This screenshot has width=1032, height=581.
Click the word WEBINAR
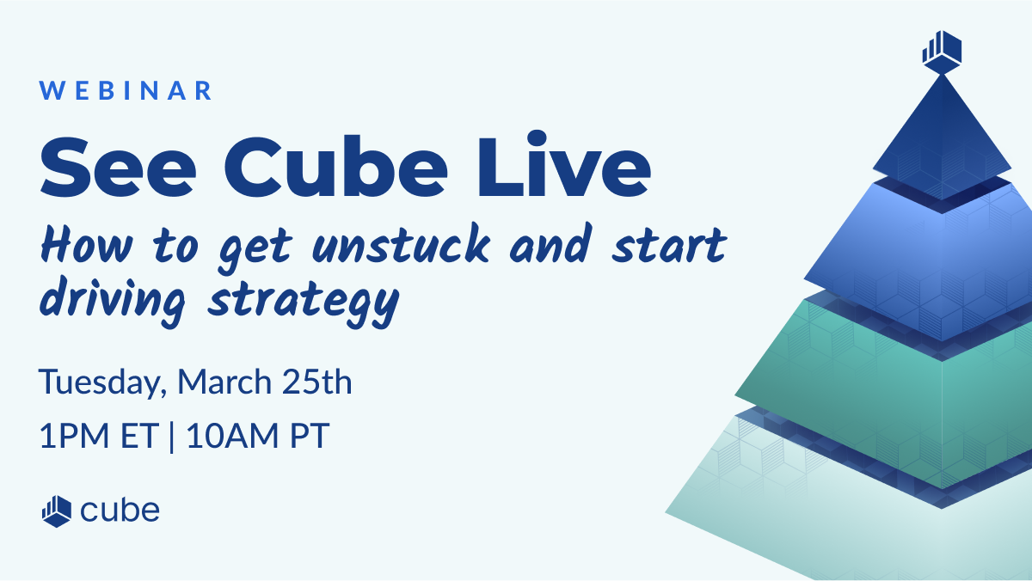pos(126,90)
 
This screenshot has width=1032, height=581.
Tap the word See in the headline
pos(118,168)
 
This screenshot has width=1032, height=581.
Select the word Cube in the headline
pos(335,166)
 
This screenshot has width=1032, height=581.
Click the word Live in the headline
pos(564,163)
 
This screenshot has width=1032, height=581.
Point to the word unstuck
pos(401,244)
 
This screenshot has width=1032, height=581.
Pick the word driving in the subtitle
pos(113,300)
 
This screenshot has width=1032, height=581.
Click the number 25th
pos(317,382)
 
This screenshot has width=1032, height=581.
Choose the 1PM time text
pos(74,436)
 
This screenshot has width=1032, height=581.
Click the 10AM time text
pos(233,436)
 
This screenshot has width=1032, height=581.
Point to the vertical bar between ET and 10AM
pos(172,436)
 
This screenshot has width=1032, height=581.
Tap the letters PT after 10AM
pos(310,436)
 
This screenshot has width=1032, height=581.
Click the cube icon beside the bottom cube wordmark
pos(57,511)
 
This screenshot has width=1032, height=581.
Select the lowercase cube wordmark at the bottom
pos(120,511)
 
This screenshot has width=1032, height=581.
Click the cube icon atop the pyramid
pos(942,52)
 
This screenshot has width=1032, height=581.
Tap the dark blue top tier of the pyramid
pos(943,143)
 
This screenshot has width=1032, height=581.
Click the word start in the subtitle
pos(669,246)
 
